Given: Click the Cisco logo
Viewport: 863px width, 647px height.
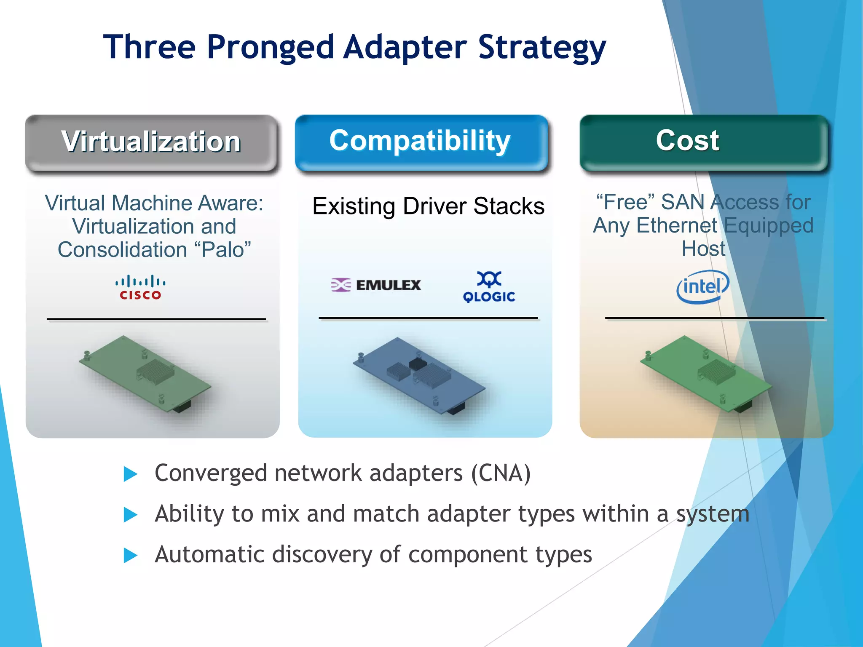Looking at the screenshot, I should tap(140, 287).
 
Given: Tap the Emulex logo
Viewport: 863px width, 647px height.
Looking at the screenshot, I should tap(376, 285).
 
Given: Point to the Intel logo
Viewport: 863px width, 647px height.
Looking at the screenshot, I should tap(702, 287).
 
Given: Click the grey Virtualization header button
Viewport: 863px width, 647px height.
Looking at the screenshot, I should tap(151, 142).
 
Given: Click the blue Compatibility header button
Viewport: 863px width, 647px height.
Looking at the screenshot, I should tap(421, 142).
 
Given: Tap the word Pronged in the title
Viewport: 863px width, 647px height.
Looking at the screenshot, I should tap(270, 47).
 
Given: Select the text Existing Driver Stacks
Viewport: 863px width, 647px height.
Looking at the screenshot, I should tap(428, 206).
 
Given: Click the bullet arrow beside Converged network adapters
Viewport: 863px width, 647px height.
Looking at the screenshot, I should tap(130, 474).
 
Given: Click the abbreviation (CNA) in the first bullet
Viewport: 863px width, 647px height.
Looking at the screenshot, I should tap(501, 473).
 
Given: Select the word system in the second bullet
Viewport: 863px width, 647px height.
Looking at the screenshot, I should tap(713, 514).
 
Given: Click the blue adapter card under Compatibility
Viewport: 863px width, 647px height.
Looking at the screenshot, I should tap(419, 375).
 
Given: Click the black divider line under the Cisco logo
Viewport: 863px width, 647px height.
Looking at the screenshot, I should tap(156, 319).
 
